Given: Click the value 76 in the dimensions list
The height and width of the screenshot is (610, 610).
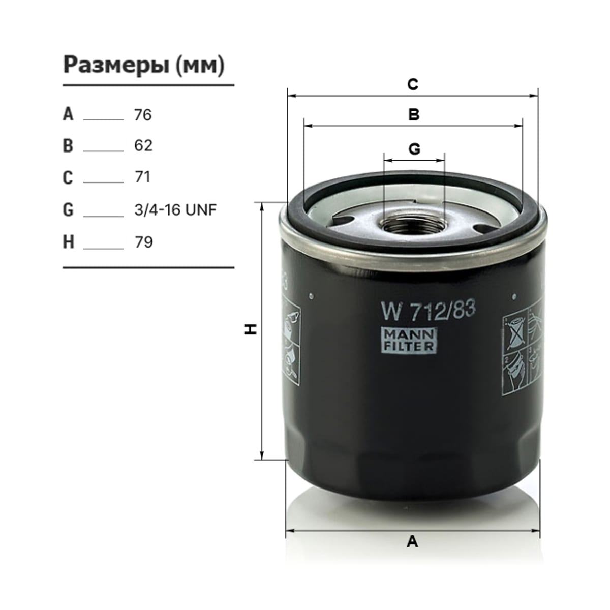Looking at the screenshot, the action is (x=143, y=115).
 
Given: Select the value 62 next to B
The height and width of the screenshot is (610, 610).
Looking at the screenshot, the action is (x=143, y=145).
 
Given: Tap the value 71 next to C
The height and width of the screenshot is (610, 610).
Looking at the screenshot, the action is (x=142, y=176).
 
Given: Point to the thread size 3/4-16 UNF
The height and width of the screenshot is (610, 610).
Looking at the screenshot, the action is (x=176, y=210).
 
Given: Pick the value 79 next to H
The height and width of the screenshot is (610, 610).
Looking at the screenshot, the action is (x=144, y=242).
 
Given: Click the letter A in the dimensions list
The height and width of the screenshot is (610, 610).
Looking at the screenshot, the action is (x=68, y=114).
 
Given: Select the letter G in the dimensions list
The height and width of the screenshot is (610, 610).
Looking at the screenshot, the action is (x=69, y=209).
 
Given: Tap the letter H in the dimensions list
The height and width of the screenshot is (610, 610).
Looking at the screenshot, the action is (x=69, y=242).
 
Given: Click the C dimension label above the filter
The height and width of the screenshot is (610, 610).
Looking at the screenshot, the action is (x=413, y=84).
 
